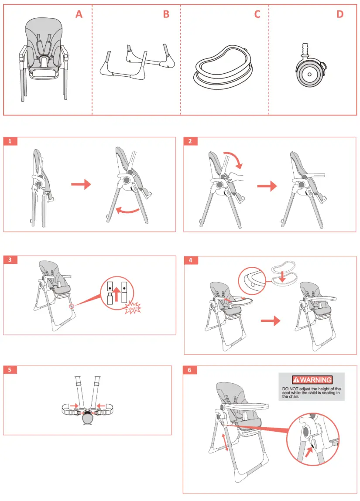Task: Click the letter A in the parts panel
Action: [x=79, y=14]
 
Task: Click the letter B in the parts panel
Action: [x=166, y=14]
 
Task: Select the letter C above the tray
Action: [x=257, y=14]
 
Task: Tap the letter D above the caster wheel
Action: [x=339, y=14]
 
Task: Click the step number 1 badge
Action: [x=10, y=141]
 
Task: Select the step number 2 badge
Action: [x=190, y=141]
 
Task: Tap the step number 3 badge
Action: [x=10, y=260]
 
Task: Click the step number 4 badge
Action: [x=191, y=260]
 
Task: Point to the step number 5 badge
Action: [x=10, y=370]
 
